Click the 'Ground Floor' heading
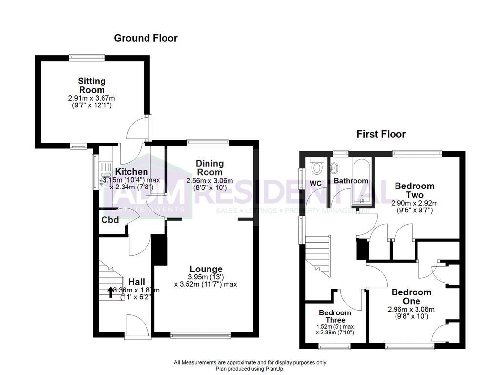[x=146, y=38]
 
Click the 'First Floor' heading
[x=381, y=134]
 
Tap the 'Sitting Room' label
[x=92, y=85]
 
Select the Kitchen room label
[x=131, y=172]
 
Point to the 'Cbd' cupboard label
[x=110, y=220]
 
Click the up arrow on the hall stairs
[x=110, y=292]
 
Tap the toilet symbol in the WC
[x=317, y=167]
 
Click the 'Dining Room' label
[x=209, y=167]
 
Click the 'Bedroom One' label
[x=411, y=296]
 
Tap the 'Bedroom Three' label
[x=335, y=316]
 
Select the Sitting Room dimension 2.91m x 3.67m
[x=92, y=98]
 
